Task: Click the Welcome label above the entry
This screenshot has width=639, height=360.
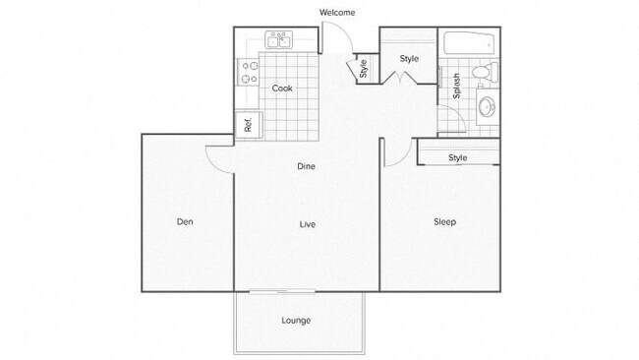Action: (x=337, y=13)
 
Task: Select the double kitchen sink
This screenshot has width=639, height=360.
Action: (x=277, y=40)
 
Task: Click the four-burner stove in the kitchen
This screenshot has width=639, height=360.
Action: (x=247, y=72)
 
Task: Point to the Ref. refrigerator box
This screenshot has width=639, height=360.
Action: (x=248, y=125)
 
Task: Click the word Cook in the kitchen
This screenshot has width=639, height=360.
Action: (x=282, y=89)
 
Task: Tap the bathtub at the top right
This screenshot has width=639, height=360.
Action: (x=469, y=43)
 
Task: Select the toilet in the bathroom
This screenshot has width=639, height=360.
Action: (x=484, y=74)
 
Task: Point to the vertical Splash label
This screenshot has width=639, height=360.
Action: (x=457, y=87)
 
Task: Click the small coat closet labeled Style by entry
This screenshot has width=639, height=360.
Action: (x=363, y=69)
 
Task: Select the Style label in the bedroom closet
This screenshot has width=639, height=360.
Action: (x=457, y=157)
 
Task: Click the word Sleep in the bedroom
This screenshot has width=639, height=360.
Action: (x=444, y=221)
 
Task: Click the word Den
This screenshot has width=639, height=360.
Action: (x=184, y=221)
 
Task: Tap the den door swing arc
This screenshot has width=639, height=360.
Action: (x=218, y=157)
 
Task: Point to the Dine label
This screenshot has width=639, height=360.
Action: (x=307, y=166)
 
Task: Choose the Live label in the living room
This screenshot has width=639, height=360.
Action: (x=307, y=224)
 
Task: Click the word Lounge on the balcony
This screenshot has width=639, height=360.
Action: (x=296, y=320)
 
